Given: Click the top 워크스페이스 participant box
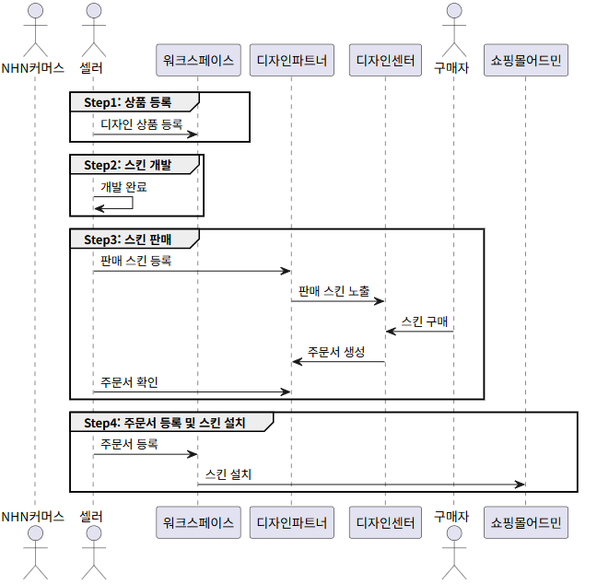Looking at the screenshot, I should point(199,62).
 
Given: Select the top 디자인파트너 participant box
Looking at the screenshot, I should point(291,62).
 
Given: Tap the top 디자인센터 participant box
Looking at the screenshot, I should point(386,62).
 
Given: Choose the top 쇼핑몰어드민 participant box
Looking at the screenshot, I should point(525,62).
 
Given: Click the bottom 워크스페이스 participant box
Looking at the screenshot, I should point(199,522).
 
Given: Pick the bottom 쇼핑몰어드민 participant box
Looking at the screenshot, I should point(525,522).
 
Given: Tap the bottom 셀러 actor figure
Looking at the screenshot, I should point(92,557).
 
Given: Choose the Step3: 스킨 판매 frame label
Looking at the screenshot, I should point(127,239).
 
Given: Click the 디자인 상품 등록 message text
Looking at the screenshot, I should point(142,123).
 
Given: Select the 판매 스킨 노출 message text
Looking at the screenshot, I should point(334,290).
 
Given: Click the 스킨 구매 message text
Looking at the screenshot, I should point(424,321).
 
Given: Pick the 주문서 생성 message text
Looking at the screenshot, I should point(336,351).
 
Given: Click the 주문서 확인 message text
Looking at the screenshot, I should point(135,381).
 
